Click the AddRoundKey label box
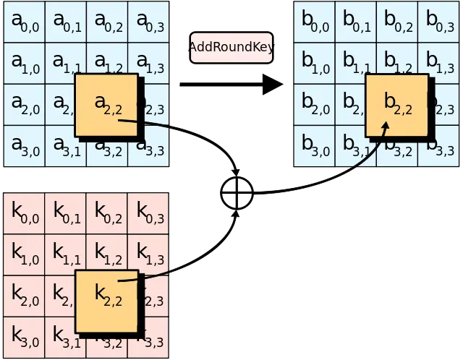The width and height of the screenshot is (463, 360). (x=231, y=47)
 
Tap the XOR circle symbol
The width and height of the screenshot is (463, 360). (x=237, y=193)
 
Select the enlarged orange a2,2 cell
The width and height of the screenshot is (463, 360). (x=106, y=105)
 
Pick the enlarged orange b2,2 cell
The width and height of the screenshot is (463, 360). (x=396, y=106)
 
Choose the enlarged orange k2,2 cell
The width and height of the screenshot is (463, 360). (x=106, y=302)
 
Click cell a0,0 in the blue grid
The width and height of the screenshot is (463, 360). (x=24, y=22)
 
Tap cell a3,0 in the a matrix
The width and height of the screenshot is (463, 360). (x=24, y=146)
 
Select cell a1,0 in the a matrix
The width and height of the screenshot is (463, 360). (x=24, y=63)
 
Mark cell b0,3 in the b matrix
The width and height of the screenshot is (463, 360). (x=440, y=22)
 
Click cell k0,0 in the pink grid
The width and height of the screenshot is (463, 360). (x=24, y=213)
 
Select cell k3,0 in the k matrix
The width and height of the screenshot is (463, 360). (x=24, y=336)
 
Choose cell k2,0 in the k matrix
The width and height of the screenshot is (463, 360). (x=24, y=295)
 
